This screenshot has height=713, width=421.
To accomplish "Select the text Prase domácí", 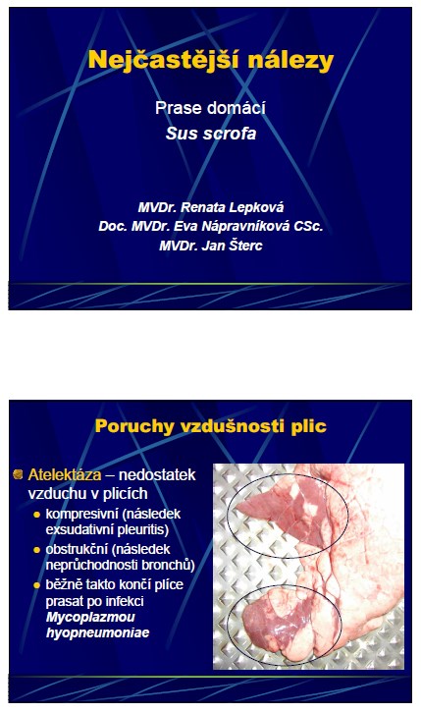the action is click(210, 108).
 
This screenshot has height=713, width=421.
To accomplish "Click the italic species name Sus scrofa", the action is click(211, 134).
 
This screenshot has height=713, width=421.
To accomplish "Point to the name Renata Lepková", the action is click(233, 207).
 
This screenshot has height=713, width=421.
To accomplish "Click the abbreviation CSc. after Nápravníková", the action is click(308, 226).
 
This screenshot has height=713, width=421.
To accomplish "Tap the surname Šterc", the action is click(245, 246).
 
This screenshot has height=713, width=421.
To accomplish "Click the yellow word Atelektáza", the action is click(65, 474).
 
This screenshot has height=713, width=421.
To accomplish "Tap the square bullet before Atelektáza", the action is click(19, 474).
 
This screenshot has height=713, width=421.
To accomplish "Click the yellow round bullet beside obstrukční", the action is click(36, 550).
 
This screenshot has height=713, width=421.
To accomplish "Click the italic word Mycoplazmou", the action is click(90, 618).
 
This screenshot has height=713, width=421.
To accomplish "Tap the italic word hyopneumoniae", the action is click(97, 633).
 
